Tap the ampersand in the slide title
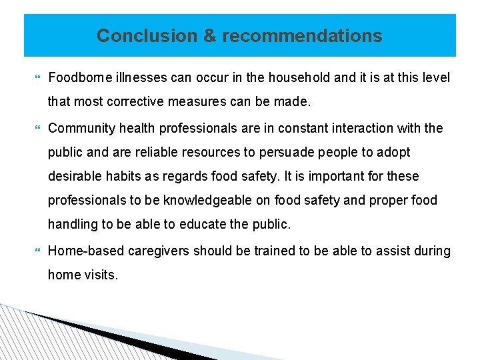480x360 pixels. point(209,35)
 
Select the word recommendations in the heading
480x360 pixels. point(302,35)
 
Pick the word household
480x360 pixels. point(299,78)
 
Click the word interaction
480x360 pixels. point(362,128)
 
